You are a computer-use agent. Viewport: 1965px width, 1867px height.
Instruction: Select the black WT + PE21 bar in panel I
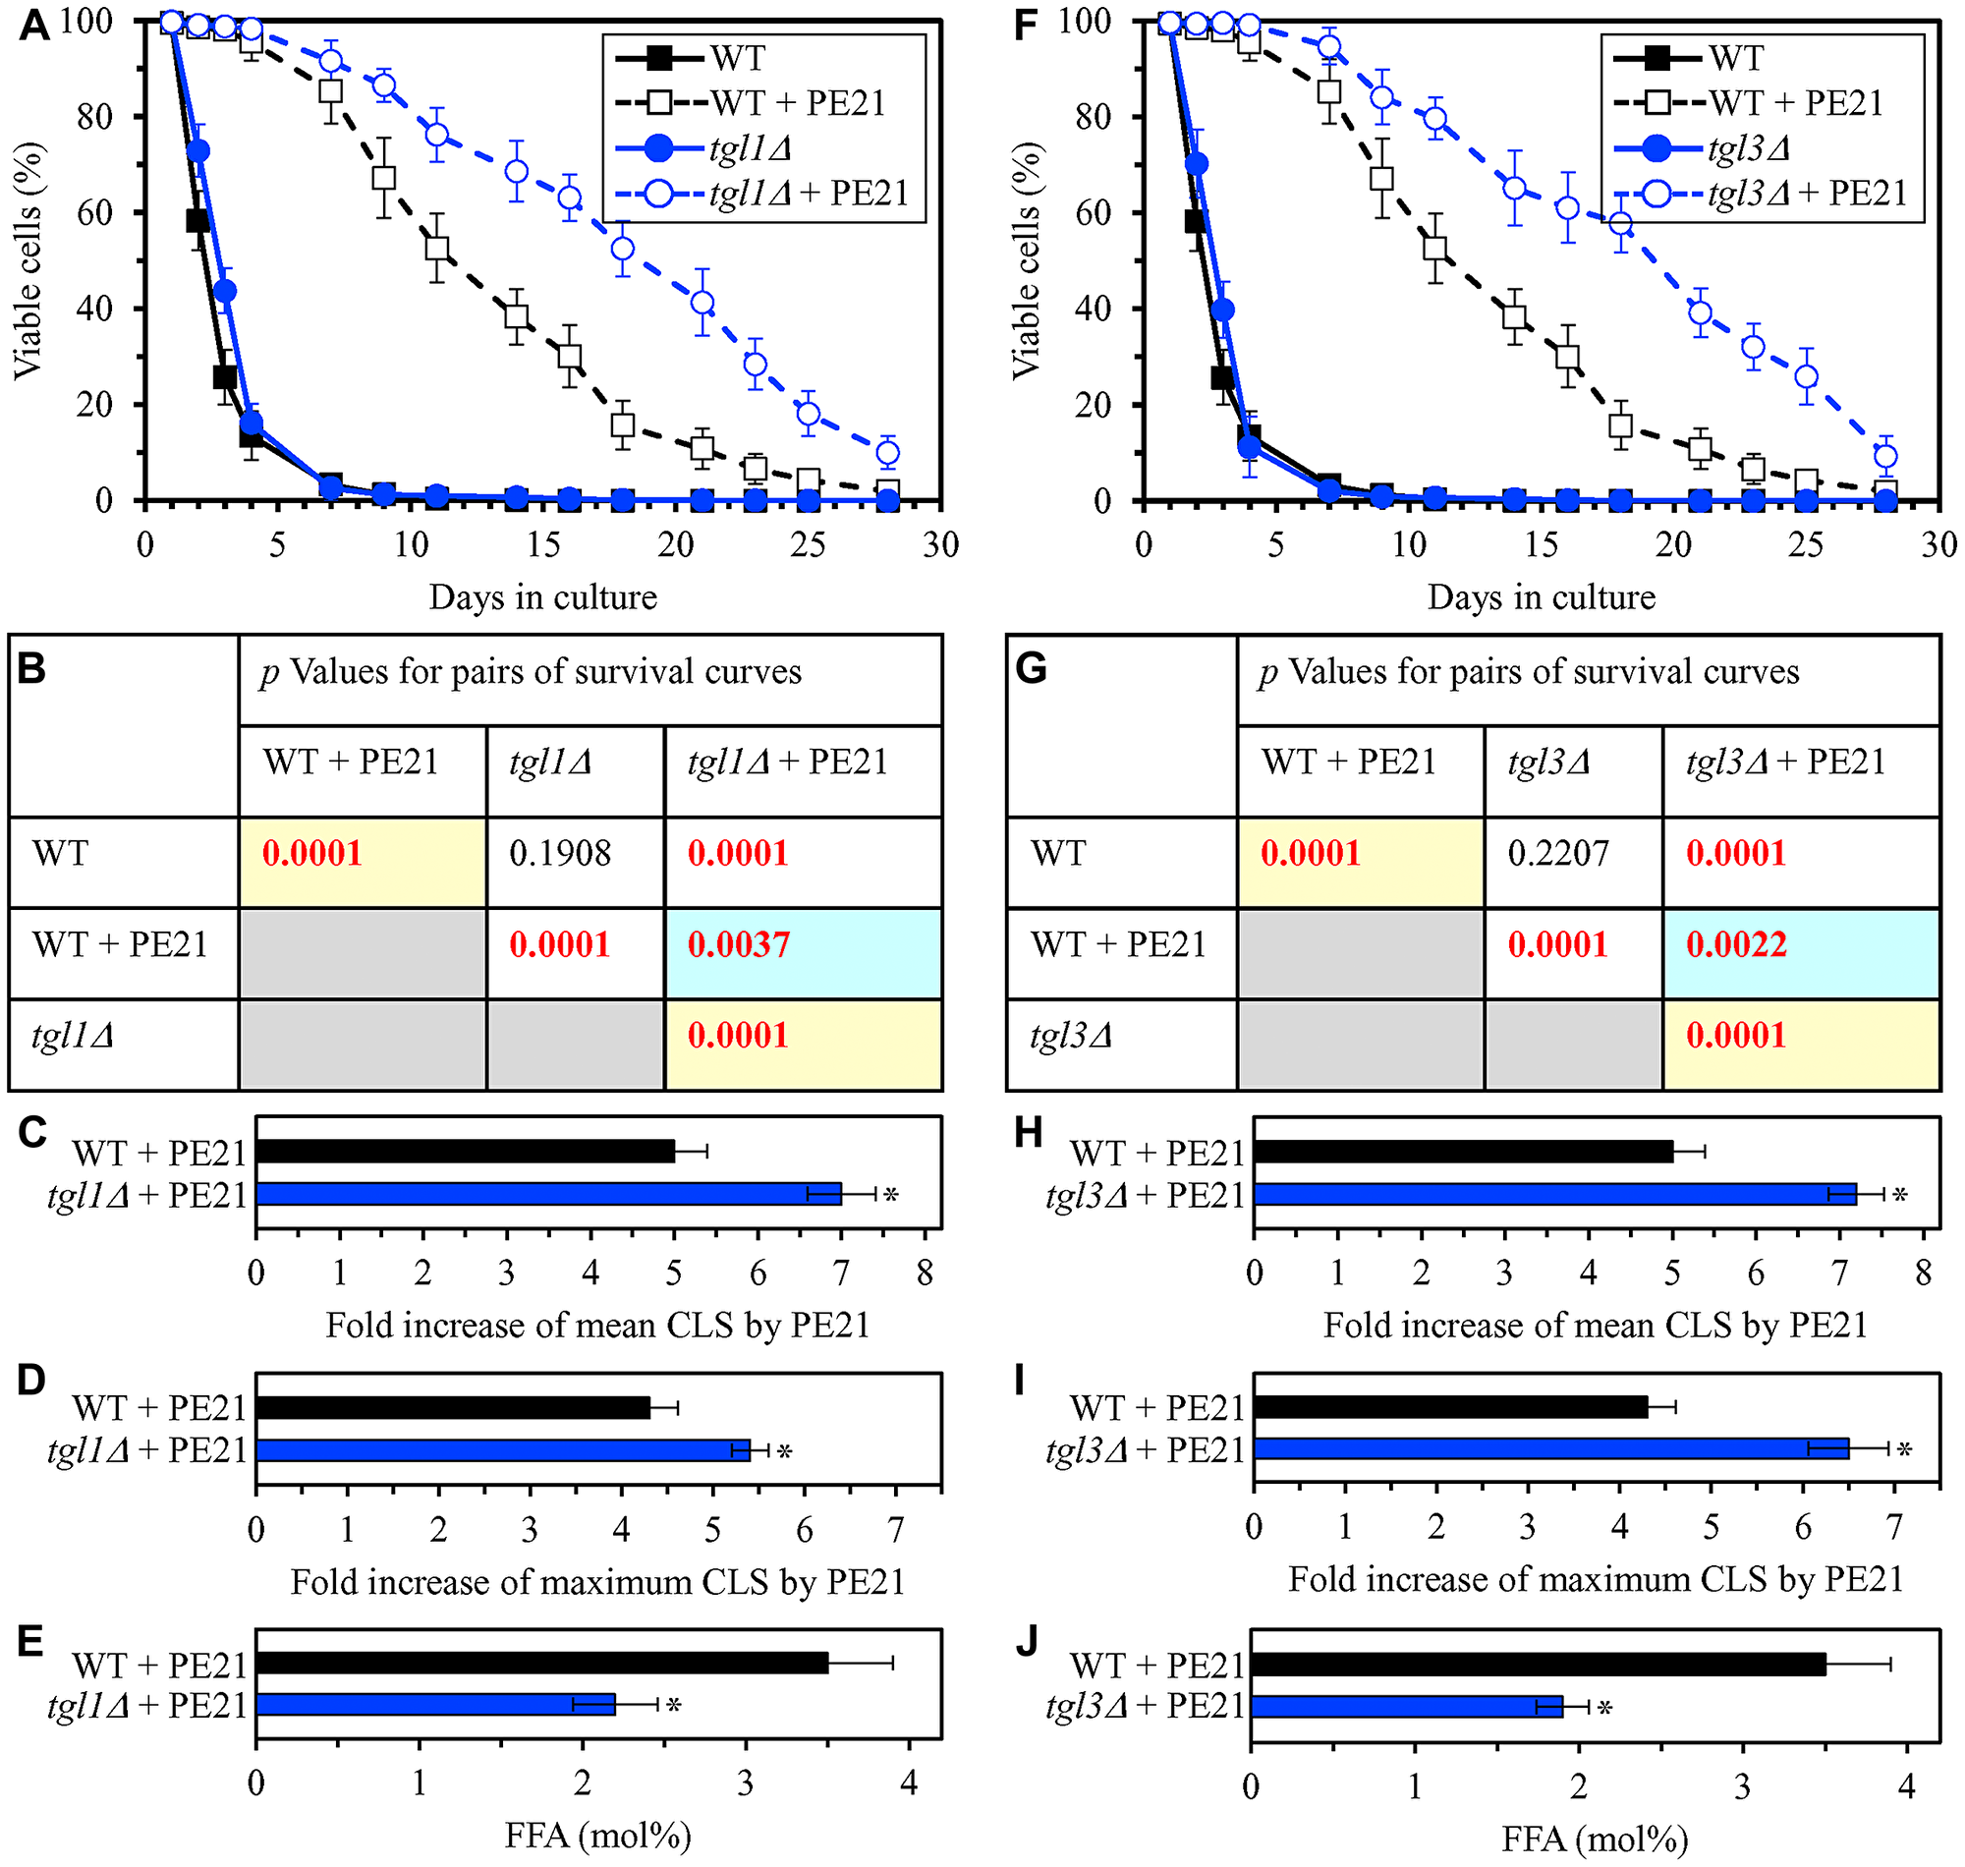pos(1449,1407)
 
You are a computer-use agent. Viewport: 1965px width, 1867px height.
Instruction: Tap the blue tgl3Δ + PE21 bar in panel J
pos(1406,1707)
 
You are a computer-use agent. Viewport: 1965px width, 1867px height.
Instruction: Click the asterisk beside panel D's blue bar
pos(784,1453)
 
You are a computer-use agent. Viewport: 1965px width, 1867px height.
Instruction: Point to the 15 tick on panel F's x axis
pos(1542,544)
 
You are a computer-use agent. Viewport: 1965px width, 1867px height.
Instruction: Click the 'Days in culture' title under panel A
pos(543,597)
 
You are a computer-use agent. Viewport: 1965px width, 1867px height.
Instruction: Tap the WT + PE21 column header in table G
pos(1349,763)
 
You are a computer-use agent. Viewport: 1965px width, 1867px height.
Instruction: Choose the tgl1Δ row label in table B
pos(73,1036)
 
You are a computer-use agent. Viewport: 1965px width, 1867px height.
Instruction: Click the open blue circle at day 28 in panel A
pos(888,454)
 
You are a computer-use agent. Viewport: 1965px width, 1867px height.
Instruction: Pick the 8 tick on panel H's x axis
pos(1922,1273)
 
